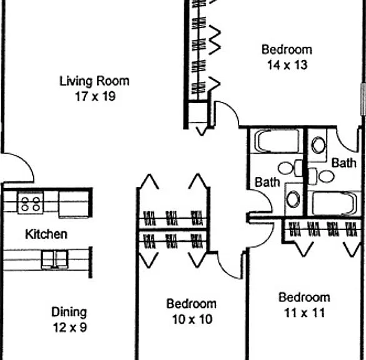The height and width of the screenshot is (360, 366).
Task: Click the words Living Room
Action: tap(94, 81)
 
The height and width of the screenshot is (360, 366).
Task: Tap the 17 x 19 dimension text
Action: tap(95, 96)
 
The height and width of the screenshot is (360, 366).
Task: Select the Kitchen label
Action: tap(46, 234)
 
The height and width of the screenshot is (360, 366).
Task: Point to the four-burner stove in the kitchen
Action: tap(31, 202)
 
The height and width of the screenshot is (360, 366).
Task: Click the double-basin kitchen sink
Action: tap(55, 259)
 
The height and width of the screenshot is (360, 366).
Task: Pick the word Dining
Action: tap(69, 312)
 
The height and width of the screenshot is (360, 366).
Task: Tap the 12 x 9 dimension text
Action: tap(70, 327)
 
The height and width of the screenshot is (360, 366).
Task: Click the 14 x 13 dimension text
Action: tap(287, 65)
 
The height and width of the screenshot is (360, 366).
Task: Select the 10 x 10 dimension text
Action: tap(192, 319)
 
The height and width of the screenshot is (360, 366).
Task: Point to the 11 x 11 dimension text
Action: tap(304, 312)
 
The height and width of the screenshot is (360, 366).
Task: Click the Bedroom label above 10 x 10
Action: tap(191, 304)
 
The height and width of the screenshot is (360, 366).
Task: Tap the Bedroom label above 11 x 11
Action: tap(304, 297)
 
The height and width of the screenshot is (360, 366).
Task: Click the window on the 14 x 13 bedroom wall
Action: tap(364, 99)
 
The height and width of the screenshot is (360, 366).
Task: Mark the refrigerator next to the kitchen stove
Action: tap(74, 204)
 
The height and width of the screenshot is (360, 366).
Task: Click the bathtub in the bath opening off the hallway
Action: tap(277, 141)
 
